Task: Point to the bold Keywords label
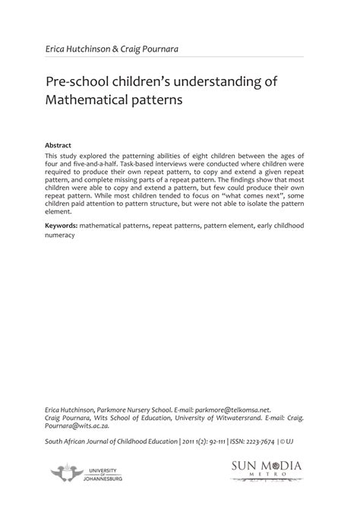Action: [62, 226]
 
